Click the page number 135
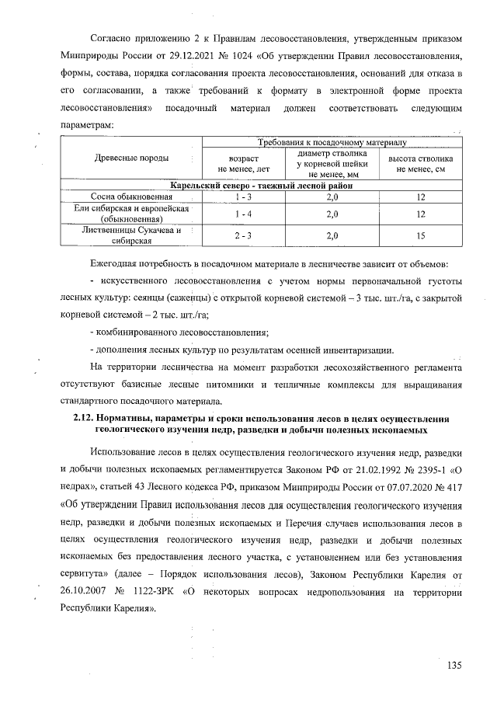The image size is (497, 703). (454, 665)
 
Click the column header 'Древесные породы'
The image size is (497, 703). (131, 158)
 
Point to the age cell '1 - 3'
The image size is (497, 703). (243, 197)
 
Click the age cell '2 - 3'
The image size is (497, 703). (243, 235)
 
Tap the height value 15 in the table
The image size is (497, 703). (420, 235)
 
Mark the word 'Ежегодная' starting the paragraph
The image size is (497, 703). (117, 266)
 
